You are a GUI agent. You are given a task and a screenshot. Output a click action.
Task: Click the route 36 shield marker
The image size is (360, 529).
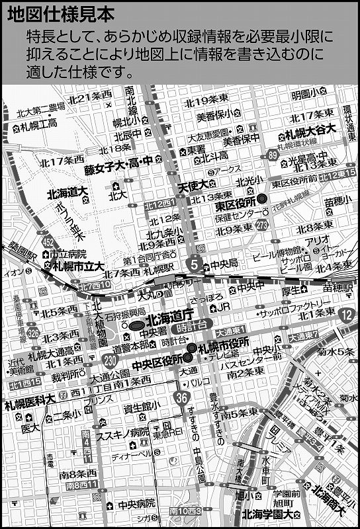coord(182,396)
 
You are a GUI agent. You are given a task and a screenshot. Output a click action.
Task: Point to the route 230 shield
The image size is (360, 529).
coord(111,360)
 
